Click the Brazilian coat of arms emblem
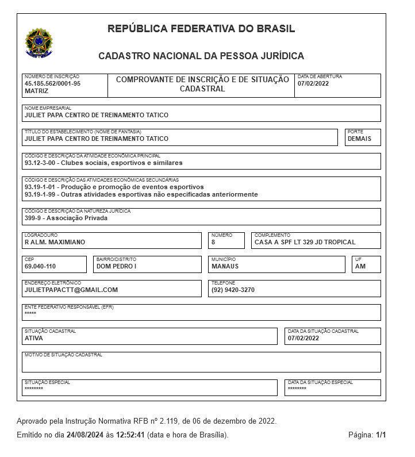39,43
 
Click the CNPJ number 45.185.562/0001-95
52,83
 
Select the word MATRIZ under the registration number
36,91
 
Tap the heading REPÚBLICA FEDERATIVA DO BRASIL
201,29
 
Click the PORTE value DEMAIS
359,139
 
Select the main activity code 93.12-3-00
43,163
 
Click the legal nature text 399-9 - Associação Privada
66,218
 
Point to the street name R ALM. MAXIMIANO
55,242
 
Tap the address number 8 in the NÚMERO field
213,242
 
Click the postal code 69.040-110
40,266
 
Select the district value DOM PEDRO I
116,266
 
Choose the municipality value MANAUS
225,266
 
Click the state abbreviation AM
360,266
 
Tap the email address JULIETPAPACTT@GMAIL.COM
71,290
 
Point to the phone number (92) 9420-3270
233,290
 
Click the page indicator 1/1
381,435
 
